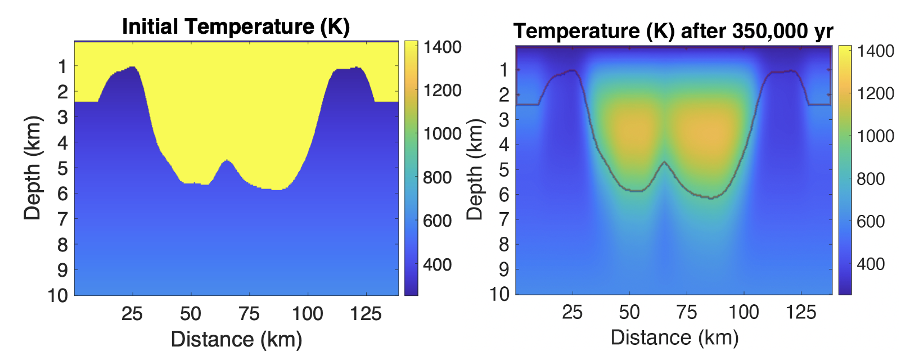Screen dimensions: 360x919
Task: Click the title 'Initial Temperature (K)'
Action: click(236, 26)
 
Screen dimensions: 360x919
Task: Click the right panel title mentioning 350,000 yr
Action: click(673, 31)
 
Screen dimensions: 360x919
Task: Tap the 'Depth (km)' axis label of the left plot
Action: click(33, 168)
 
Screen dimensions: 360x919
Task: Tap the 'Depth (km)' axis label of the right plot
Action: click(475, 169)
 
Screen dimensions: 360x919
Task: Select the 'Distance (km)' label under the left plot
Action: click(236, 339)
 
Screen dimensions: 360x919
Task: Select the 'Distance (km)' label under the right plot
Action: click(674, 337)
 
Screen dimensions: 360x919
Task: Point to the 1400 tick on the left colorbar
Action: click(442, 47)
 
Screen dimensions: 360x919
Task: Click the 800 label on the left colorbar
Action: click(438, 178)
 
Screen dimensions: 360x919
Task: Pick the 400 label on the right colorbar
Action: click(871, 264)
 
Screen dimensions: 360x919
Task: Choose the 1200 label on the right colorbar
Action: click(875, 93)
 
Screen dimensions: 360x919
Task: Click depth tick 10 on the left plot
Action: click(58, 295)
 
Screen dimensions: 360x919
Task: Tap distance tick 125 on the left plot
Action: click(366, 313)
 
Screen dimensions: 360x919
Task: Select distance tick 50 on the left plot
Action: click(191, 313)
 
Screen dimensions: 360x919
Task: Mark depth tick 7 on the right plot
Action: click(504, 219)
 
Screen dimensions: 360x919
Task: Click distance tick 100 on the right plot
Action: click(744, 312)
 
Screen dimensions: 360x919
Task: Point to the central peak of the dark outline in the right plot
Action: click(665, 163)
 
